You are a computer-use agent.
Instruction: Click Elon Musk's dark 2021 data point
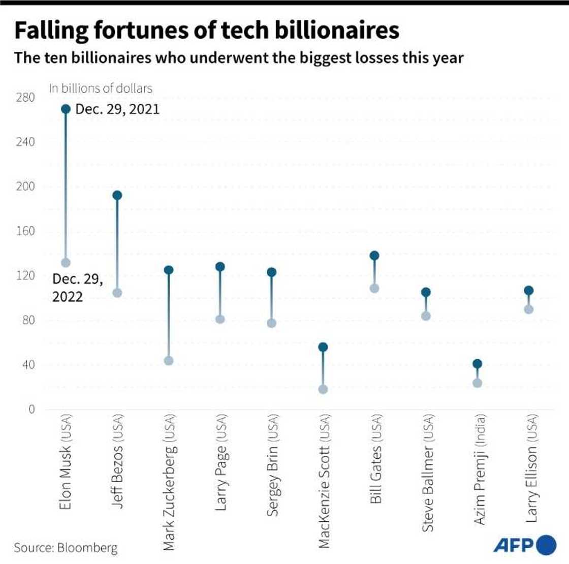click(66, 109)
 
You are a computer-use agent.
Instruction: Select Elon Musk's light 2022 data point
click(66, 263)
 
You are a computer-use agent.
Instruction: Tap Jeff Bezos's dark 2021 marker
click(117, 195)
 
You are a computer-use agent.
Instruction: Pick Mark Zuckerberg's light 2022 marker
click(169, 360)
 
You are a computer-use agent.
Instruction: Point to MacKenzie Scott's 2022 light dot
click(323, 389)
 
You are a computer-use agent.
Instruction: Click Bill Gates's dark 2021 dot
click(374, 256)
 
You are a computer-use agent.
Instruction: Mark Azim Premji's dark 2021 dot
click(477, 364)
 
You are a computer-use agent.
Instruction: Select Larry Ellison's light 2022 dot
click(528, 309)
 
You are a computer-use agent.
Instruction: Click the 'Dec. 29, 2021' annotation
click(117, 109)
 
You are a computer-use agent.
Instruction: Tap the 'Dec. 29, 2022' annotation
click(77, 288)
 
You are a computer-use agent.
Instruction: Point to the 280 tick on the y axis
click(25, 97)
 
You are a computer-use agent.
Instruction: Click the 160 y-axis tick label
click(25, 231)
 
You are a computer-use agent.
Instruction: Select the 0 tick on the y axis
click(31, 409)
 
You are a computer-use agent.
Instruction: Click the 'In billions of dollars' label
click(101, 88)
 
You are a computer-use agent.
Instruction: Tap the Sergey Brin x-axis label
click(272, 465)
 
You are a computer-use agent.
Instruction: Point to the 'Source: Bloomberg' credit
click(66, 548)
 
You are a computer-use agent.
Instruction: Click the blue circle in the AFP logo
click(546, 545)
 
